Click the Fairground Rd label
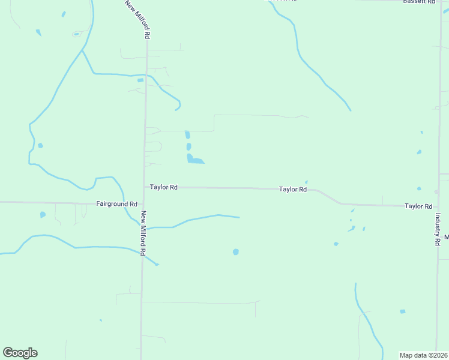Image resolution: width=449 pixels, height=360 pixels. point(116,204)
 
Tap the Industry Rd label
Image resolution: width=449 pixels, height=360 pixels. point(438,229)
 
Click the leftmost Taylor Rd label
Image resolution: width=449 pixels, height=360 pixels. point(164,187)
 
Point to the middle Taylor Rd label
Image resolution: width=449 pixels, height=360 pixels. point(293,190)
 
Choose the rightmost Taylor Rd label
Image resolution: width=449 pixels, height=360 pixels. point(418,206)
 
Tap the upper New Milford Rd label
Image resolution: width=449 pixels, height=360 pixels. point(137,20)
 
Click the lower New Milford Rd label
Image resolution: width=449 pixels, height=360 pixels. point(143,233)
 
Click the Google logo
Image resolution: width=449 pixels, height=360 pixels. point(20,353)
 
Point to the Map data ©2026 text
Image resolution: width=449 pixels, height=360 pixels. point(423,355)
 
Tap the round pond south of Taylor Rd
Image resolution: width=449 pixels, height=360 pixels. point(236,252)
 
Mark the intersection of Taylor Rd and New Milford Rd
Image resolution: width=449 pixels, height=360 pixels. point(145,187)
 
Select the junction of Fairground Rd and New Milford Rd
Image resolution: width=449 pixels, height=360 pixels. point(143,203)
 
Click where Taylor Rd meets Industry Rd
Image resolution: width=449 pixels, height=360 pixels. point(438,207)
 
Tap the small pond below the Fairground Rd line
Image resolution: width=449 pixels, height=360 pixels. point(43,214)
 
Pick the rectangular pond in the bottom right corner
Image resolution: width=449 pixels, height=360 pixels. point(402,311)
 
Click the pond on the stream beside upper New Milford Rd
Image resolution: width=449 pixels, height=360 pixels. point(140,80)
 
